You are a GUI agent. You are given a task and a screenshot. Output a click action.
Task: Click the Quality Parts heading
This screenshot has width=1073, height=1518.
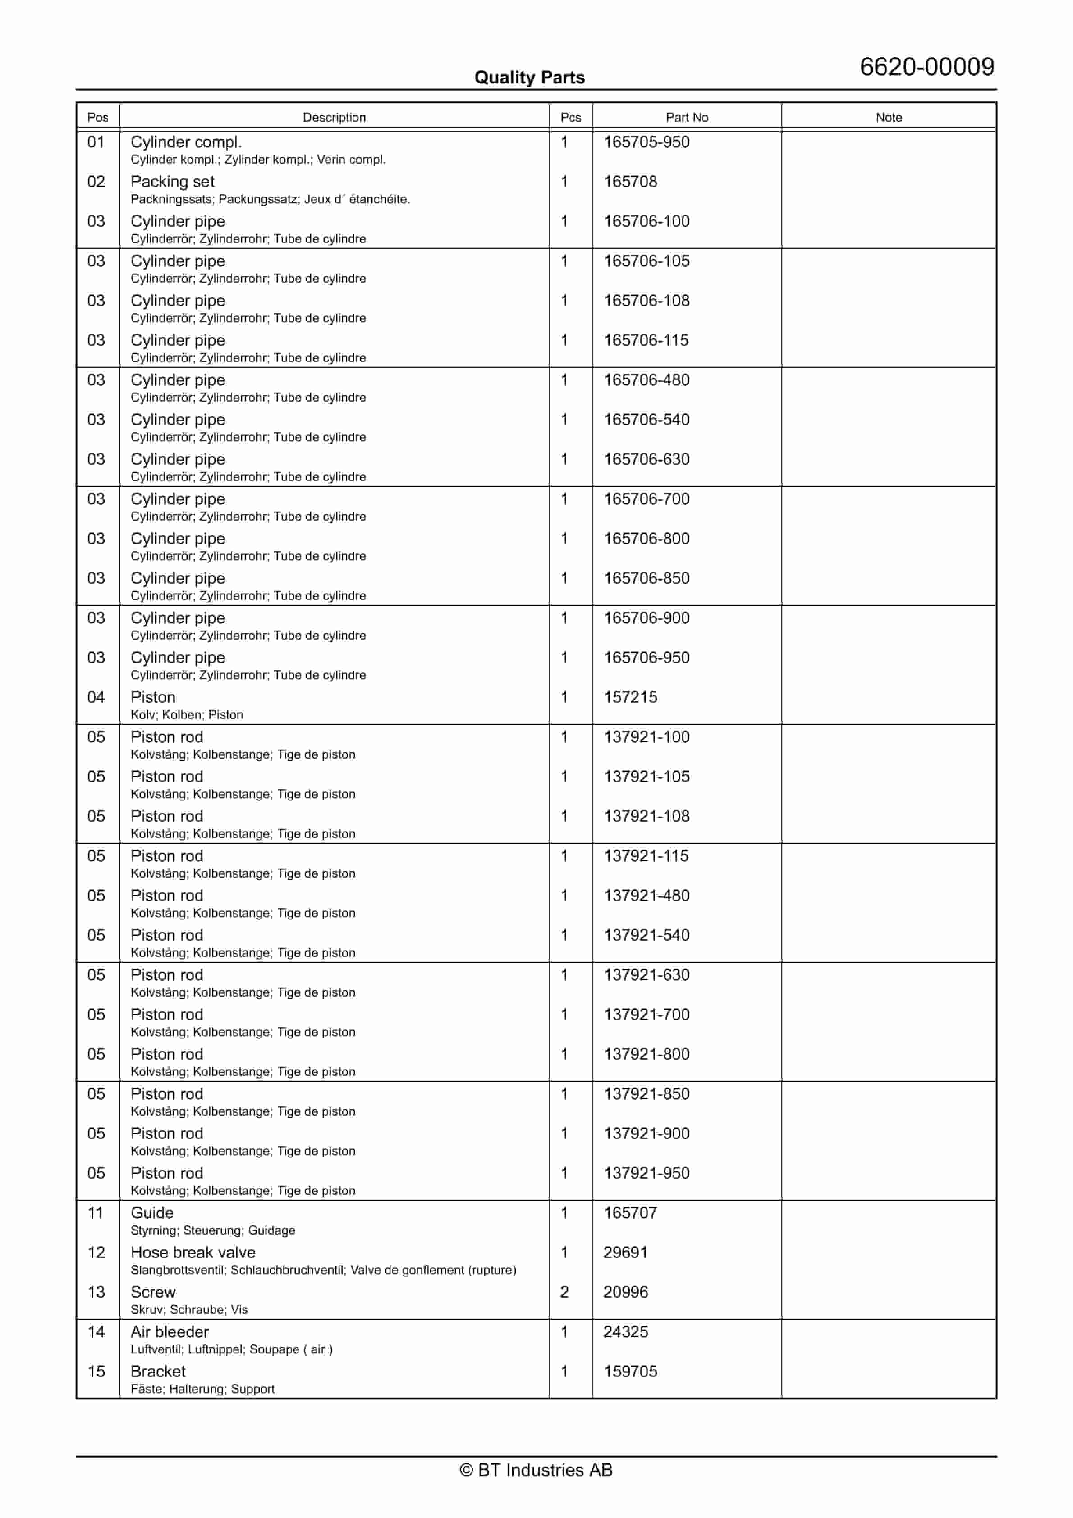click(529, 78)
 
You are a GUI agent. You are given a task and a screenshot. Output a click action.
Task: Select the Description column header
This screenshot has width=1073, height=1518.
click(334, 117)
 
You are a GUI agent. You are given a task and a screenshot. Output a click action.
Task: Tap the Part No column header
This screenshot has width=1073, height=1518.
click(687, 117)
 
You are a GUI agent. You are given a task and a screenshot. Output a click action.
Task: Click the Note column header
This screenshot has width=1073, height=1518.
click(889, 117)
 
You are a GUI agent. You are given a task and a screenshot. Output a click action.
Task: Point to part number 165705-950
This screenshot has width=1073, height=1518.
click(647, 142)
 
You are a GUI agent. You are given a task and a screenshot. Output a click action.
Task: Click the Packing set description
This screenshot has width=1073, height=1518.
click(173, 182)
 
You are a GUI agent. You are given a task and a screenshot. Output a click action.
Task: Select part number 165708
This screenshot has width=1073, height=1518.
click(630, 182)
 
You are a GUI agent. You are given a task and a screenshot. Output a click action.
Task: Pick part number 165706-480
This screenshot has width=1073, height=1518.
click(647, 380)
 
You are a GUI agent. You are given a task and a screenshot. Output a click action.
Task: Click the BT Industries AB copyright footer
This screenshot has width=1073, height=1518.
click(536, 1470)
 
